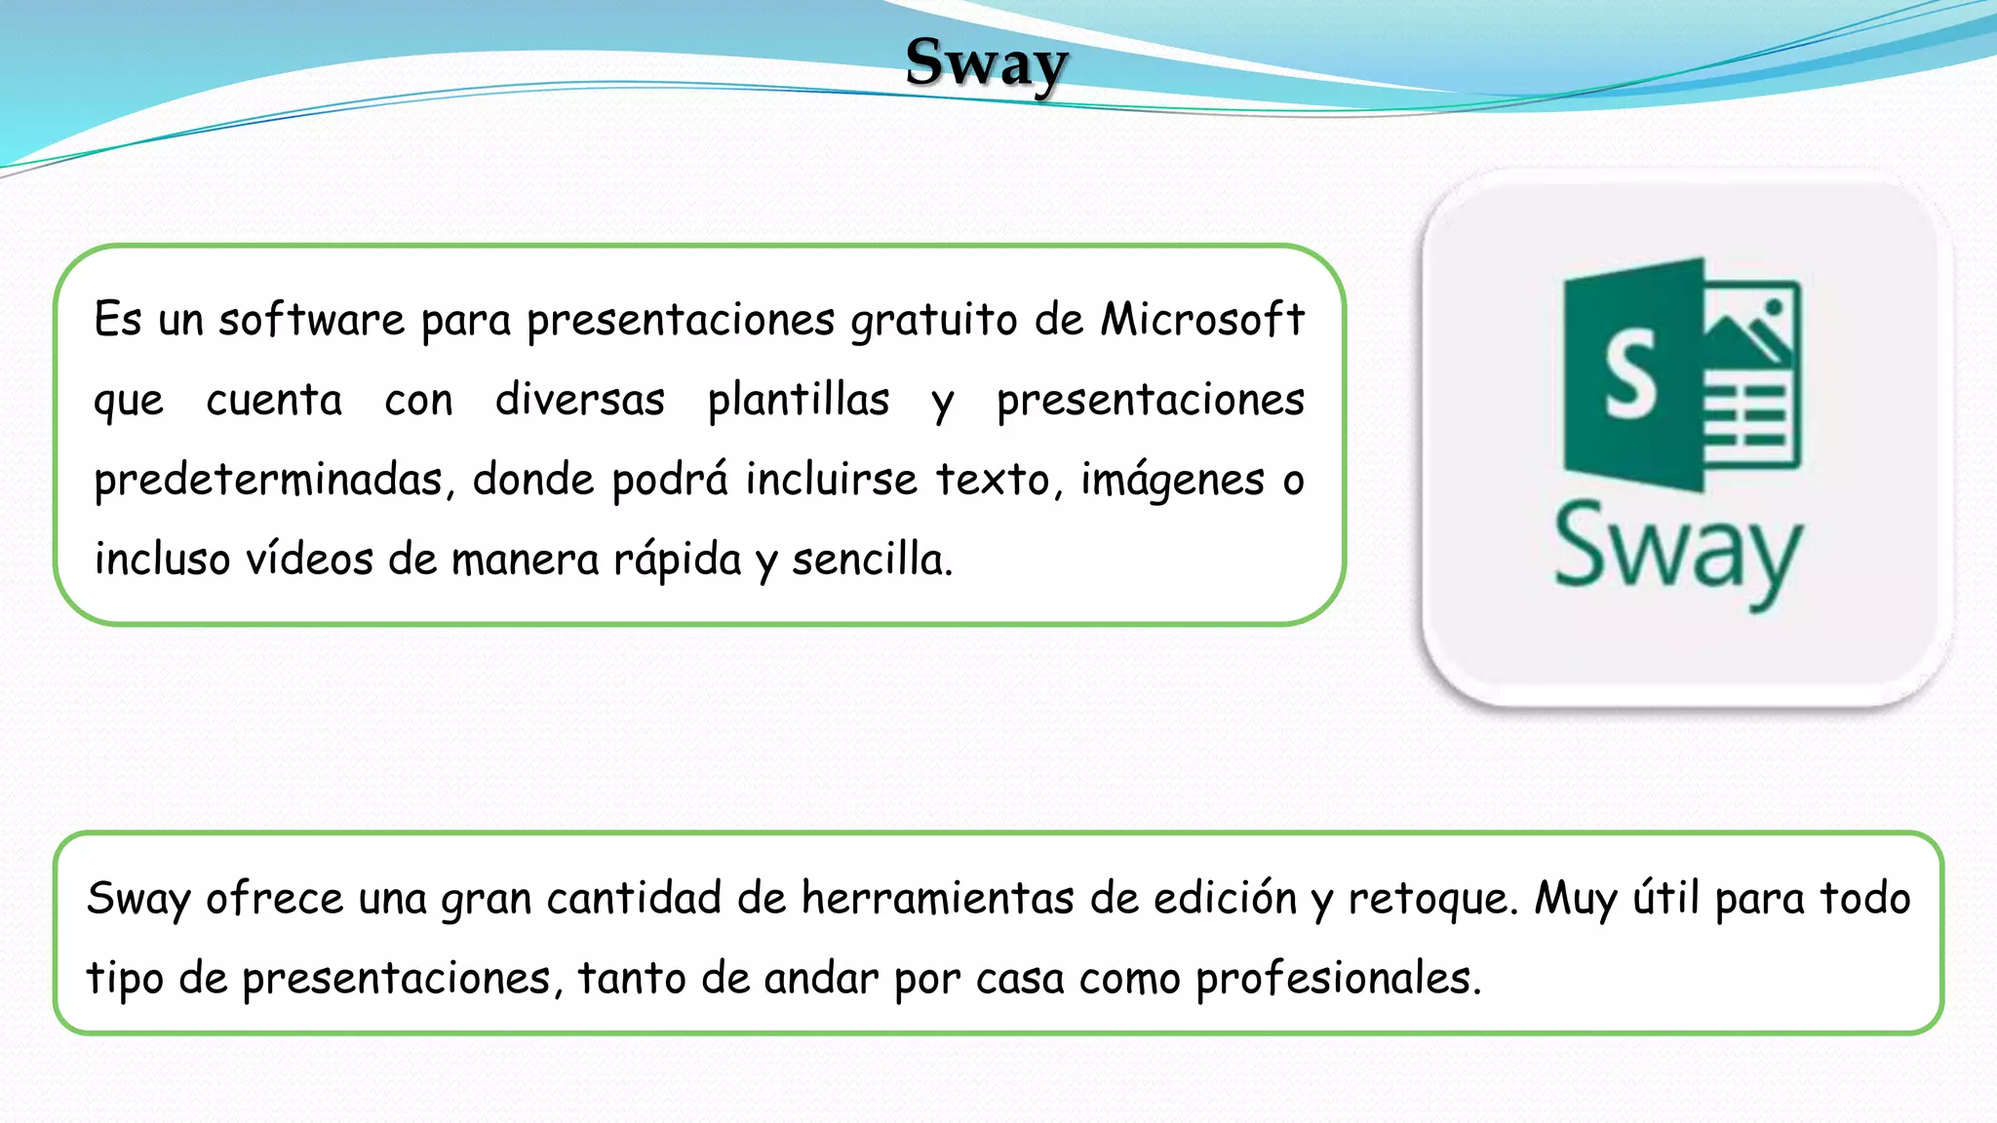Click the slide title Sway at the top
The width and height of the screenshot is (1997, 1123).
[x=986, y=63]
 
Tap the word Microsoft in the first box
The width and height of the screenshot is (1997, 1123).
[x=1202, y=320]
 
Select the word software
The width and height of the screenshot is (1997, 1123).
[x=311, y=320]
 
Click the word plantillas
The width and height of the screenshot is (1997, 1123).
[x=799, y=401]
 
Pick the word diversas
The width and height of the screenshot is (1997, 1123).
[x=580, y=400]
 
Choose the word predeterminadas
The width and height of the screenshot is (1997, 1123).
[x=268, y=481]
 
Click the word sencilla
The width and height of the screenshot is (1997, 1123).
[x=871, y=560]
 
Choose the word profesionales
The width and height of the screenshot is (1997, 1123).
[x=1338, y=979]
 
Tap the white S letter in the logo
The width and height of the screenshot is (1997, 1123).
[x=1630, y=374]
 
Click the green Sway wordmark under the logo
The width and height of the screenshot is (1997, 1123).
[x=1677, y=551]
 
